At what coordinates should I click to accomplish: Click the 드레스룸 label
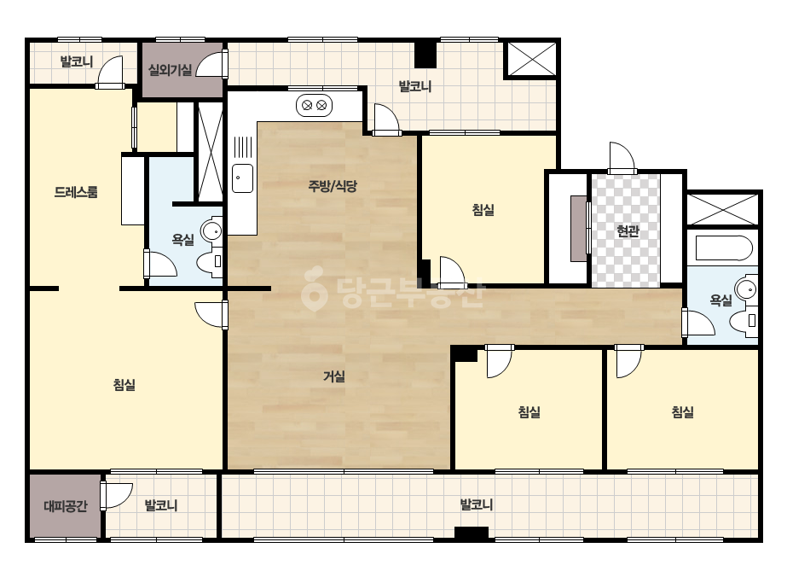tap(76, 192)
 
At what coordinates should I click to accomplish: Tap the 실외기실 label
tap(171, 70)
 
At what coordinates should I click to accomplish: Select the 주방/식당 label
tap(333, 186)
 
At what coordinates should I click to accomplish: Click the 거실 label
tap(333, 376)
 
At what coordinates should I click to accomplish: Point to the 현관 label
tap(628, 231)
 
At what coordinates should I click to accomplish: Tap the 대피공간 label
tap(66, 505)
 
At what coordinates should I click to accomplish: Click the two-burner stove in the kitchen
tap(314, 106)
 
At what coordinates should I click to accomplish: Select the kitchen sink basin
tap(242, 178)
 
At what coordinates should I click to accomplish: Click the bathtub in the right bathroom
tap(724, 248)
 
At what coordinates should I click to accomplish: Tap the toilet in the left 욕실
tap(209, 262)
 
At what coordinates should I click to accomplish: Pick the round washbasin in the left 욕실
tap(211, 230)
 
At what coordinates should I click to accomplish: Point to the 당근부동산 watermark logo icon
tap(314, 288)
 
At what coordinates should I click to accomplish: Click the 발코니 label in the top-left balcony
tap(76, 61)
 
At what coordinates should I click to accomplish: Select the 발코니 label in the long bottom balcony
tap(477, 504)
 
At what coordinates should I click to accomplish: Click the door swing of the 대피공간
tap(118, 496)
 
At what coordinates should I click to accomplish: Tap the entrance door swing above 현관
tap(622, 158)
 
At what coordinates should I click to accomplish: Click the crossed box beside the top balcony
tap(532, 59)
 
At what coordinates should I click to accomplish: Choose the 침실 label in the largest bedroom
tap(124, 385)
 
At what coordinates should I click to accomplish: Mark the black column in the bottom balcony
tap(472, 533)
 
